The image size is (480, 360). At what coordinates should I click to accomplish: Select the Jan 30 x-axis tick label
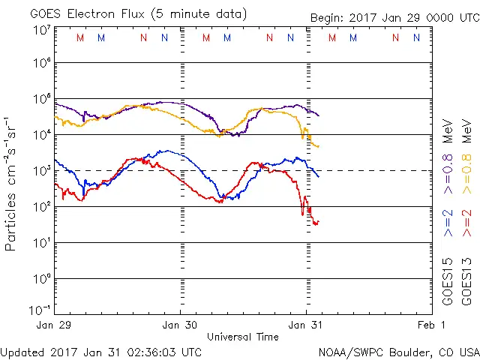pyautogui.click(x=181, y=325)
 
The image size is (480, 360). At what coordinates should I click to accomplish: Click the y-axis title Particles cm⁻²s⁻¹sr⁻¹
pyautogui.click(x=11, y=182)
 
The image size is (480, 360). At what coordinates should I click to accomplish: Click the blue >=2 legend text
pyautogui.click(x=448, y=223)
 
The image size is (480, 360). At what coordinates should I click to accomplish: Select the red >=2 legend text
pyautogui.click(x=467, y=223)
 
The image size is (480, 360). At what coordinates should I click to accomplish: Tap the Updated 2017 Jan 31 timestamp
pyautogui.click(x=101, y=352)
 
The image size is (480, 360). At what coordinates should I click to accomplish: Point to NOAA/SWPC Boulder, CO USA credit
pyautogui.click(x=398, y=352)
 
